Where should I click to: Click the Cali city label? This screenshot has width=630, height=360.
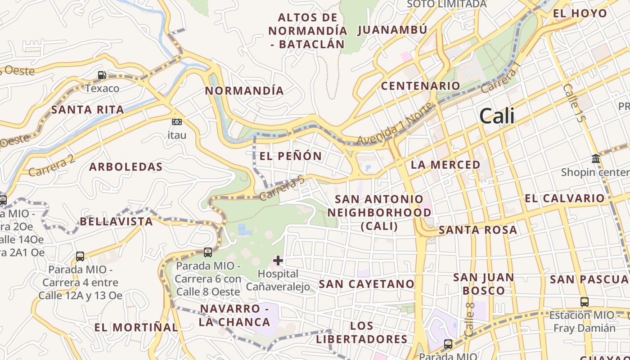click(497, 116)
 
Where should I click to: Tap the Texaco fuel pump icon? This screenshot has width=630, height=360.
click(102, 75)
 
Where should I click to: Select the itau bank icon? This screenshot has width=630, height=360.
click(177, 122)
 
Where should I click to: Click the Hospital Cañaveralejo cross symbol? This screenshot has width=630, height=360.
click(278, 260)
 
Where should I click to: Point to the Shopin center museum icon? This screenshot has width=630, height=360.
click(596, 159)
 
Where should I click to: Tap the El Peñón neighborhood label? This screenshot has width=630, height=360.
click(291, 156)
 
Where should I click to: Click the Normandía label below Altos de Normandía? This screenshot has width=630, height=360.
click(244, 90)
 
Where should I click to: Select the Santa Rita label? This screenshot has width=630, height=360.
click(87, 109)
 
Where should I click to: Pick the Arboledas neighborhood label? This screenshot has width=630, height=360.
click(126, 167)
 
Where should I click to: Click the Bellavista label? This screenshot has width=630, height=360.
click(117, 221)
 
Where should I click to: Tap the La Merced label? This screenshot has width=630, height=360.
click(445, 165)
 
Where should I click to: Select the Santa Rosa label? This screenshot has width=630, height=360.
click(478, 230)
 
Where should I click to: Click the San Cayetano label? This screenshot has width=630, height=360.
click(366, 284)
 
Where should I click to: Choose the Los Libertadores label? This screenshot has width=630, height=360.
click(362, 332)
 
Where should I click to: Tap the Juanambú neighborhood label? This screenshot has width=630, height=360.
click(392, 30)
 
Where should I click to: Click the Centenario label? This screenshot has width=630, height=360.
click(421, 85)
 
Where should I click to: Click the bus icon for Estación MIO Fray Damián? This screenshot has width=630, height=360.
click(584, 302)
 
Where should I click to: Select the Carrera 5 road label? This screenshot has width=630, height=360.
click(282, 188)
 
